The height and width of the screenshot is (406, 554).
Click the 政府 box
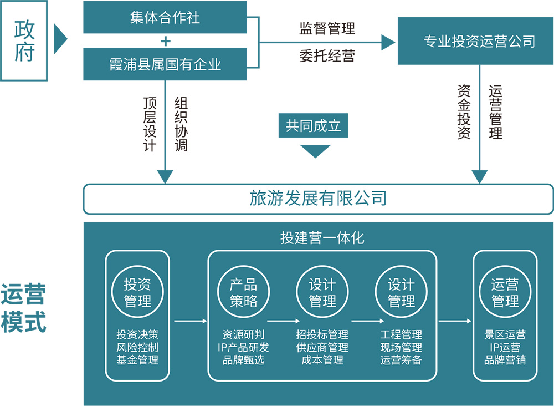[x=24, y=40]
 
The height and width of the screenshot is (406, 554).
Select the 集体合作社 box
[x=165, y=17]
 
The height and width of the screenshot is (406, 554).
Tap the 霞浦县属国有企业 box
[x=165, y=64]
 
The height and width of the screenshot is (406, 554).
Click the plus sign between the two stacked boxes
[x=165, y=41]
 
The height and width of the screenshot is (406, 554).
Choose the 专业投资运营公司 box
[x=479, y=41]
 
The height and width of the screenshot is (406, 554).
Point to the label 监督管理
[x=327, y=28]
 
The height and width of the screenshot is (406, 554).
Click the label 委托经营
[x=327, y=55]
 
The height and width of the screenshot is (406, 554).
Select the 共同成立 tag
[x=314, y=126]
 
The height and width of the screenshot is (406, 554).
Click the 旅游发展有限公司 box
[x=318, y=199]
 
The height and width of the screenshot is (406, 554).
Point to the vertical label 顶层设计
[x=150, y=124]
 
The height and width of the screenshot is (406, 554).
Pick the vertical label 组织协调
[x=181, y=124]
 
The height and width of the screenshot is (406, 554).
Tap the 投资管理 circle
[x=137, y=293]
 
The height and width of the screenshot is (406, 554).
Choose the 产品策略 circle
[x=244, y=293]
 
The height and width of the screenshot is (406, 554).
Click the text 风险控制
[x=137, y=347]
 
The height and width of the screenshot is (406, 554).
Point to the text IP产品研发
[x=244, y=347]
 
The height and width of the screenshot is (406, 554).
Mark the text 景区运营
[x=505, y=335]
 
